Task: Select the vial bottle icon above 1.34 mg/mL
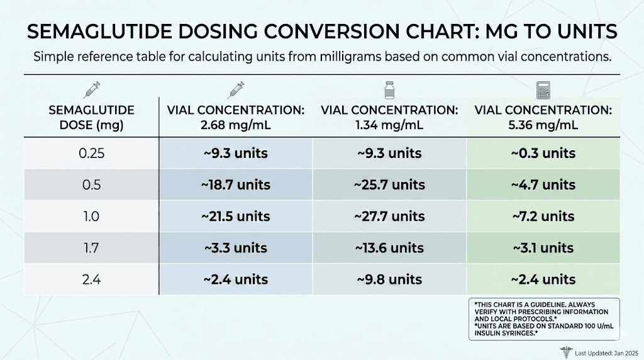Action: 389,90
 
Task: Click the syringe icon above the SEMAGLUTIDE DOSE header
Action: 92,90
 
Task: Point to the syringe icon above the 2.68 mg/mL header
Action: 236,90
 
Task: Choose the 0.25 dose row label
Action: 92,154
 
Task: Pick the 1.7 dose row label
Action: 92,248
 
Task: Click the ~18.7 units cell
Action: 236,185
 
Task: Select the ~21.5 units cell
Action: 236,217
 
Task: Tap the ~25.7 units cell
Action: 389,185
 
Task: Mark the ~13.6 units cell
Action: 389,248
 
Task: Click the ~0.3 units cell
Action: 543,154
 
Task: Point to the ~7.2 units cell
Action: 543,217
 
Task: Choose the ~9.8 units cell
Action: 389,279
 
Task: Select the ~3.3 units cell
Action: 236,248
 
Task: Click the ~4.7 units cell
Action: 543,185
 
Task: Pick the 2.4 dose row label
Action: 92,279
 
